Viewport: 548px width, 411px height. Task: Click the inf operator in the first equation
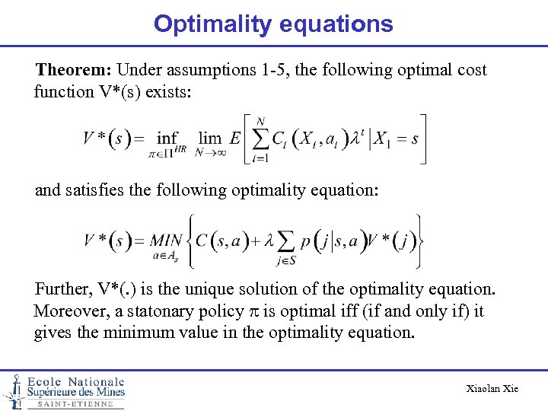(x=167, y=139)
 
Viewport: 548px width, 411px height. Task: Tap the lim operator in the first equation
(x=209, y=139)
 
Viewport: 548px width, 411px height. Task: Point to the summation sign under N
(x=261, y=139)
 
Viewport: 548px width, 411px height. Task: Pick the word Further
(x=64, y=289)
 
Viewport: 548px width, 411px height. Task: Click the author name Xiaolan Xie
(x=492, y=389)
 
